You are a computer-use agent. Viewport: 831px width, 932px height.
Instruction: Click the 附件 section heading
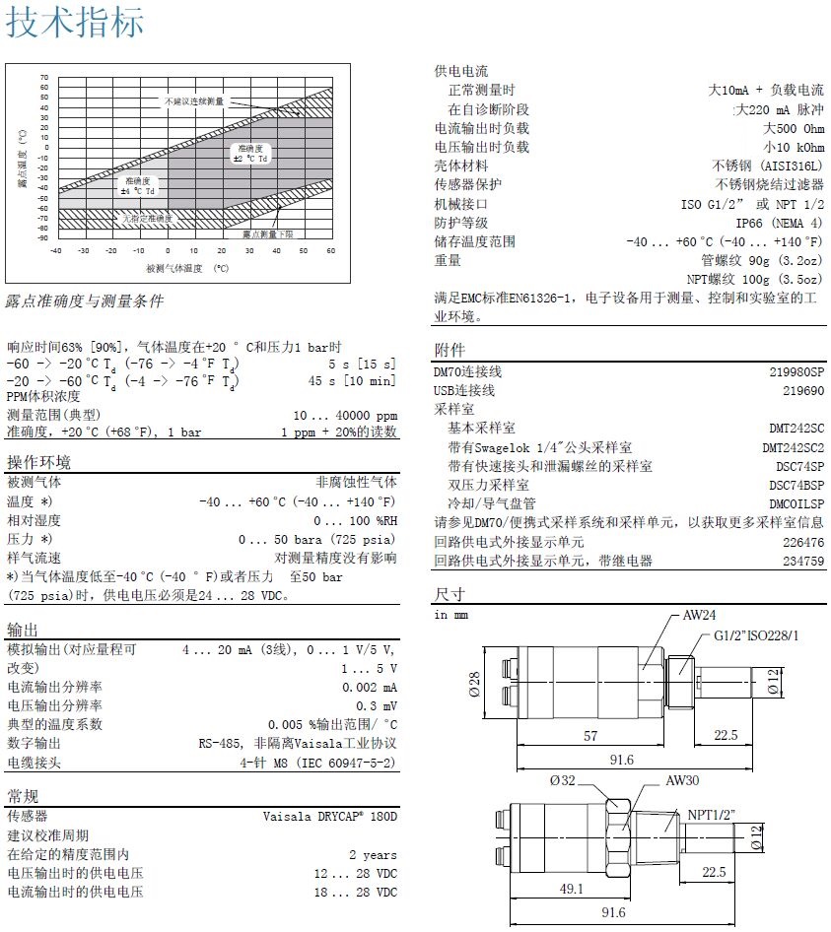pyautogui.click(x=450, y=351)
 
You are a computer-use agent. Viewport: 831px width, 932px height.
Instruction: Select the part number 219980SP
pyautogui.click(x=796, y=371)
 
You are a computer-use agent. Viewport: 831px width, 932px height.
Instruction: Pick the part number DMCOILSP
pyautogui.click(x=796, y=503)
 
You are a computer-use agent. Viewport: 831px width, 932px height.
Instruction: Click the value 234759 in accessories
pyautogui.click(x=803, y=561)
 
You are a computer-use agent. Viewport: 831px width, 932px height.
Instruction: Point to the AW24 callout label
pyautogui.click(x=700, y=615)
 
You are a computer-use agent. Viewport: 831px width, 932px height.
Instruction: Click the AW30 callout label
pyautogui.click(x=682, y=780)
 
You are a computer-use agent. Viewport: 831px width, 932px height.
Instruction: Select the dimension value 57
pyautogui.click(x=589, y=736)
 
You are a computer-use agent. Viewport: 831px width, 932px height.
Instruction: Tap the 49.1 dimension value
pyautogui.click(x=572, y=888)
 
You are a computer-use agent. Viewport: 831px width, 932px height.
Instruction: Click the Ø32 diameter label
pyautogui.click(x=563, y=780)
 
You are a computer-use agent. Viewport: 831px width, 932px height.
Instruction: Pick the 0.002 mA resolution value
pyautogui.click(x=370, y=688)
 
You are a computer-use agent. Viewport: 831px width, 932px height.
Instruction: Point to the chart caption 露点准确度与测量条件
pyautogui.click(x=85, y=300)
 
